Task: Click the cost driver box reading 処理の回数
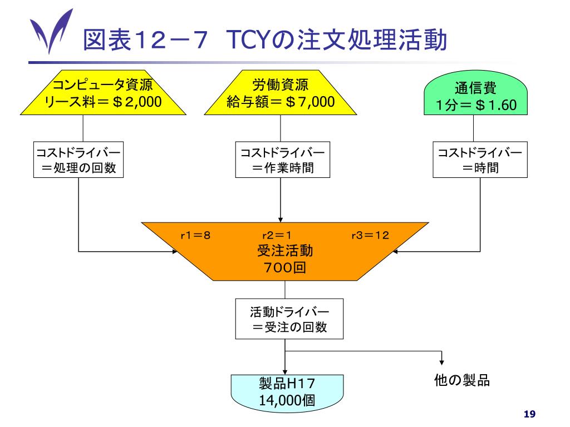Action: pyautogui.click(x=78, y=159)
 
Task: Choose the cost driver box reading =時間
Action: pyautogui.click(x=480, y=159)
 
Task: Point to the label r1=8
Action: pyautogui.click(x=195, y=235)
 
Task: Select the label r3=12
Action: pyautogui.click(x=370, y=235)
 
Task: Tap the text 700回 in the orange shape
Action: pyautogui.click(x=284, y=267)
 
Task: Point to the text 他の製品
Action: pyautogui.click(x=461, y=381)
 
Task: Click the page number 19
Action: pyautogui.click(x=529, y=414)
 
